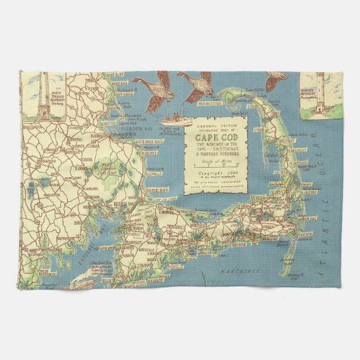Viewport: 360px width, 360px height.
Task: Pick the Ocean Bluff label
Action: (x=115, y=74)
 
